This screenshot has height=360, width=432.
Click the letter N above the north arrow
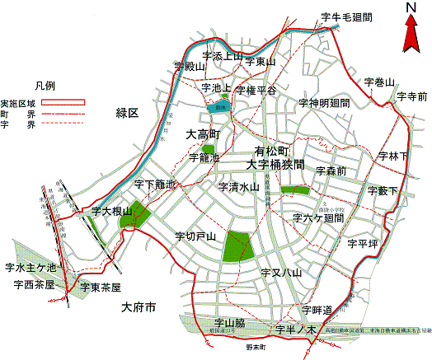409,8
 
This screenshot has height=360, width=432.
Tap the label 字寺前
411,96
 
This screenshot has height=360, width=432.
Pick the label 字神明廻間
324,103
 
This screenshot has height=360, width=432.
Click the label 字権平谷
256,90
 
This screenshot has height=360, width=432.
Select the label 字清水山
239,187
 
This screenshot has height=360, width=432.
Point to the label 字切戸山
195,236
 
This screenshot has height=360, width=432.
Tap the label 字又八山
281,272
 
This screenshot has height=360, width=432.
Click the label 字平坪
362,244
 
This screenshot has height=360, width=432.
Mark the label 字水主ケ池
30,267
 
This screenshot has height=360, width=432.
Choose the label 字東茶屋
101,287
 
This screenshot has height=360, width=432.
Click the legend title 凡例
45,85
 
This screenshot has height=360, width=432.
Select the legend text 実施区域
17,103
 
